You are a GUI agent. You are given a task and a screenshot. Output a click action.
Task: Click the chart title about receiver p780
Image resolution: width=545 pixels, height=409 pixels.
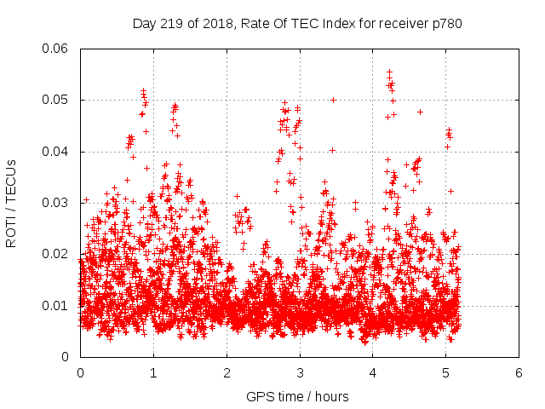coord(297,23)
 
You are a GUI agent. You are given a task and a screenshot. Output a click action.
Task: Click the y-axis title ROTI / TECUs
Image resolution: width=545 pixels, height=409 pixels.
coord(11,203)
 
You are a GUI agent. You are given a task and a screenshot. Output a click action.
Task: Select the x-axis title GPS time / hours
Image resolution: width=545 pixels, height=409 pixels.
coord(297,396)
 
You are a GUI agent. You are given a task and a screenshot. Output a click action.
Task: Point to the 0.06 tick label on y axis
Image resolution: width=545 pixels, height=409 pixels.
coord(57,49)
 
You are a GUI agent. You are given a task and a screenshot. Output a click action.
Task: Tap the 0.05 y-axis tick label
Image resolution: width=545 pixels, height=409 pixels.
coord(57,100)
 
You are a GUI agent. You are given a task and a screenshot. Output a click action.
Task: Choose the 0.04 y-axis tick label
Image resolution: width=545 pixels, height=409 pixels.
coord(57,152)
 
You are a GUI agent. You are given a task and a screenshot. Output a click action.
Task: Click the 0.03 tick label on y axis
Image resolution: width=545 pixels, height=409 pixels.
coord(57,203)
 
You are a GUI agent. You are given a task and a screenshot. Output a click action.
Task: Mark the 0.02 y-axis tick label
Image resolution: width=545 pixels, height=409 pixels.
coord(57,254)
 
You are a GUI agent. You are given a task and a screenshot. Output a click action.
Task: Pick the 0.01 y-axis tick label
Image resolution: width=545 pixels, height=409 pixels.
coord(57,306)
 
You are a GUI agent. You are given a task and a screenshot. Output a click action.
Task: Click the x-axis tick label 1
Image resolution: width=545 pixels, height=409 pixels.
coord(153,372)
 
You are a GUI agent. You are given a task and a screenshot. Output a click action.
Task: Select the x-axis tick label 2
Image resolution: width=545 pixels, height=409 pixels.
coord(227,372)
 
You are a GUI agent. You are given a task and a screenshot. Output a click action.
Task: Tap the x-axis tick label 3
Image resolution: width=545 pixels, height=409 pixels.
coord(300,372)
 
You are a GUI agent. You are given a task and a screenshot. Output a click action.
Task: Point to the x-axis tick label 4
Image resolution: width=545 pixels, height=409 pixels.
coord(373,372)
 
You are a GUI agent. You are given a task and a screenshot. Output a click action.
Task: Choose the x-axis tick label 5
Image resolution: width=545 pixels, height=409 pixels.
coord(446,372)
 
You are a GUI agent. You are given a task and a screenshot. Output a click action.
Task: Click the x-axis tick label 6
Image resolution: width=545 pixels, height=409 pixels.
coord(519,372)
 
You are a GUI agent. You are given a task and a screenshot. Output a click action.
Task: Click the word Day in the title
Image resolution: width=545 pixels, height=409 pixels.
coord(144,23)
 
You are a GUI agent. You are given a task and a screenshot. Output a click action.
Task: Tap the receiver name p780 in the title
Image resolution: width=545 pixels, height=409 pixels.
coord(447,23)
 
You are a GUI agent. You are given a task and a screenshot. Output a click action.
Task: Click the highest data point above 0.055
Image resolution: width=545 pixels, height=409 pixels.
coord(389,72)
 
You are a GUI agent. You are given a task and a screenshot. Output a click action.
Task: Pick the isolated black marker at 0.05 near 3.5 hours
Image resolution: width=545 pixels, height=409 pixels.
coord(334,100)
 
